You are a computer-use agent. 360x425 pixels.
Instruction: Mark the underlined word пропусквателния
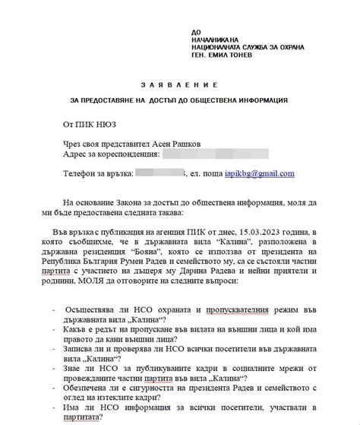[224, 310]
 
